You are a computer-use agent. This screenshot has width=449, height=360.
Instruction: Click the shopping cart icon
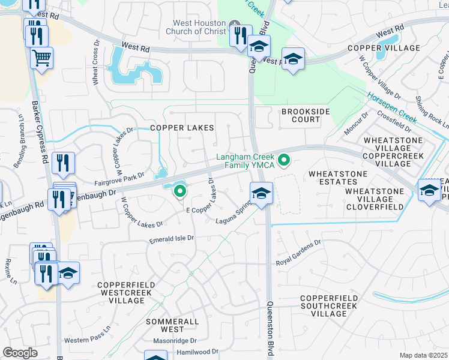coord(41,58)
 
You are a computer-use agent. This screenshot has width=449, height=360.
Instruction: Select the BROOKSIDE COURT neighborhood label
coord(301,115)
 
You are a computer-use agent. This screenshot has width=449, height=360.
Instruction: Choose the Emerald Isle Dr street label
coord(172,238)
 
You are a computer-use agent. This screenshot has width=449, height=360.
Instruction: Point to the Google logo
coord(20,352)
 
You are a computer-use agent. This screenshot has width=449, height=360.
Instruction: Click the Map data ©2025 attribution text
coord(423,355)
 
